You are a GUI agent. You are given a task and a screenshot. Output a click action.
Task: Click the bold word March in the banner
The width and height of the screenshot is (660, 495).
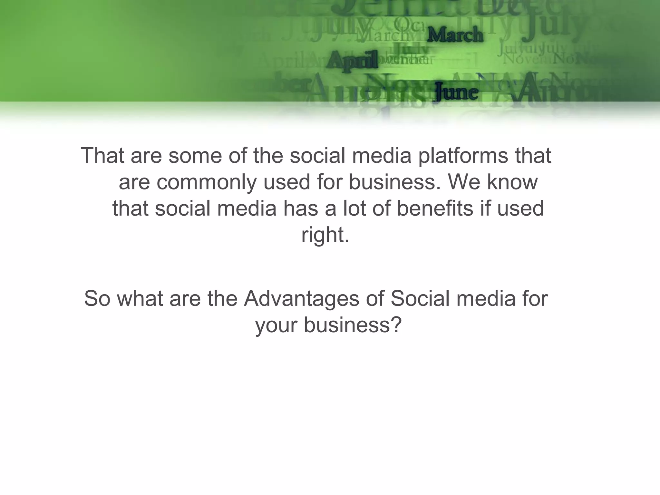pos(455,35)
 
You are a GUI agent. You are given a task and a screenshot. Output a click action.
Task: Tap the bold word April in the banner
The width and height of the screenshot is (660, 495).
pos(352,60)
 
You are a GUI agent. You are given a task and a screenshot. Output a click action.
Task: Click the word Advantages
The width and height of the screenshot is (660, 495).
pos(301,298)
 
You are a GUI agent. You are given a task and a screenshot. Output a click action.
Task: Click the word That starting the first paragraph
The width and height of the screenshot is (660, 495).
pos(102,156)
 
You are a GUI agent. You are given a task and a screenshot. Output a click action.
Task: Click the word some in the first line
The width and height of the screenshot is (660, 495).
pos(195,156)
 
